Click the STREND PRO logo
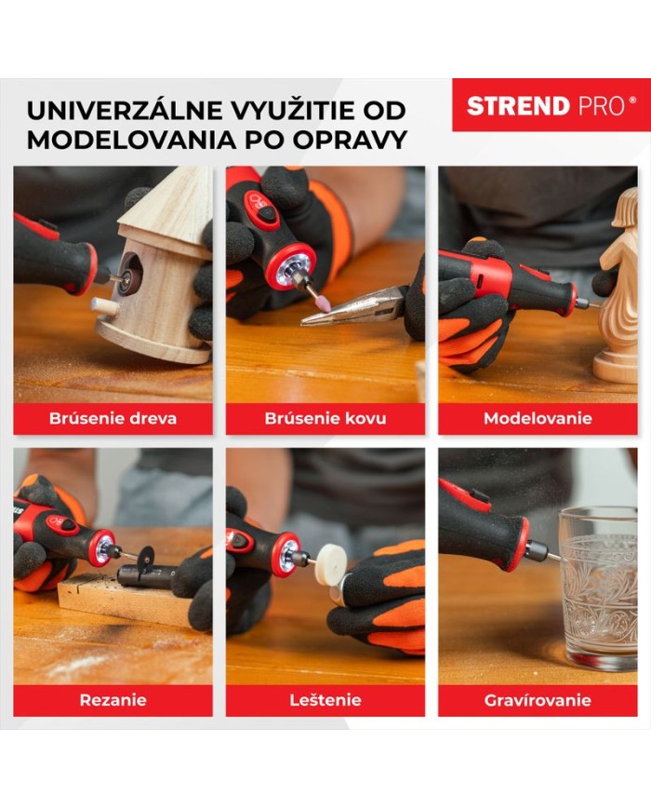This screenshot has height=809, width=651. click(x=551, y=105)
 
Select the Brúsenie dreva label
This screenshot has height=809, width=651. click(x=113, y=418)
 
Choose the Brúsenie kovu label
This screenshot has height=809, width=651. click(x=325, y=418)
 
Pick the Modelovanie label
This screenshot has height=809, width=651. click(x=538, y=418)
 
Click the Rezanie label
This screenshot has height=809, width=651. click(x=113, y=700)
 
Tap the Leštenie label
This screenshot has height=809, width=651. click(x=325, y=700)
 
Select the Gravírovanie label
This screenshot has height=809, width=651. click(x=538, y=700)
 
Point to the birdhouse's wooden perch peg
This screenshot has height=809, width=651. click(x=105, y=307)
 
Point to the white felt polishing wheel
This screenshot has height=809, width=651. click(x=331, y=564)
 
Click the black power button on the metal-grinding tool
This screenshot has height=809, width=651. click(x=267, y=215)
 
